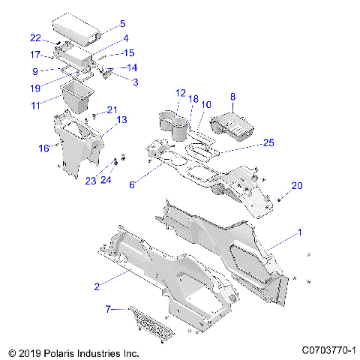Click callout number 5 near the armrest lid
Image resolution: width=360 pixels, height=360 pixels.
122,23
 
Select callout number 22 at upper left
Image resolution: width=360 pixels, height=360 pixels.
35,37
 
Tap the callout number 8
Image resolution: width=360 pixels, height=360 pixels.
232,97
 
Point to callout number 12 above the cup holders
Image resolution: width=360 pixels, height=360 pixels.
180,93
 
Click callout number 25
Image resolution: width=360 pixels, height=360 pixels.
269,142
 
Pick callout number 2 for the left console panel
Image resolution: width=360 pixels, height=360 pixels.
97,286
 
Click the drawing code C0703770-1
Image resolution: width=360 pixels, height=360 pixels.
328,349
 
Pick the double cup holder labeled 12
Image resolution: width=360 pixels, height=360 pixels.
174,124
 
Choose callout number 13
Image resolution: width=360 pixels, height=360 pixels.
121,118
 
